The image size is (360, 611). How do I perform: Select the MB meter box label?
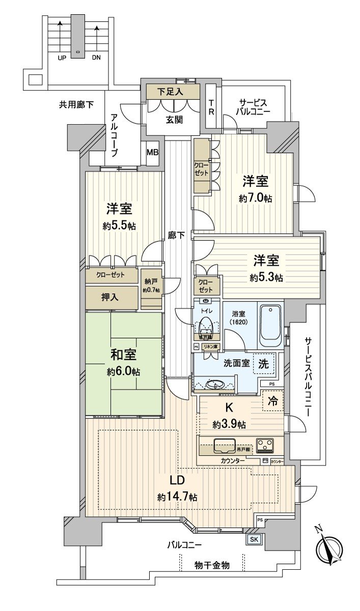pos(152,152)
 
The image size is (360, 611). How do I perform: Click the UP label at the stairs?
pos(62,58)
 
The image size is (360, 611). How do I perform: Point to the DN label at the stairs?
pos(96,58)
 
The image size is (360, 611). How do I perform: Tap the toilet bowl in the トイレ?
pos(206,324)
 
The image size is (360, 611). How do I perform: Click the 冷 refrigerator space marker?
pos(272,401)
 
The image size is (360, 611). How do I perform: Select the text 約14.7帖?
pos(177,496)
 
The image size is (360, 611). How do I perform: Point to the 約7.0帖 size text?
pos(256,198)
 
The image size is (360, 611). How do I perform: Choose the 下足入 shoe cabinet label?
pos(171,92)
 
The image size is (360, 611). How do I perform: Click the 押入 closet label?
pos(110,297)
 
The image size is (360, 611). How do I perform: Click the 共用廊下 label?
pos(76,105)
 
